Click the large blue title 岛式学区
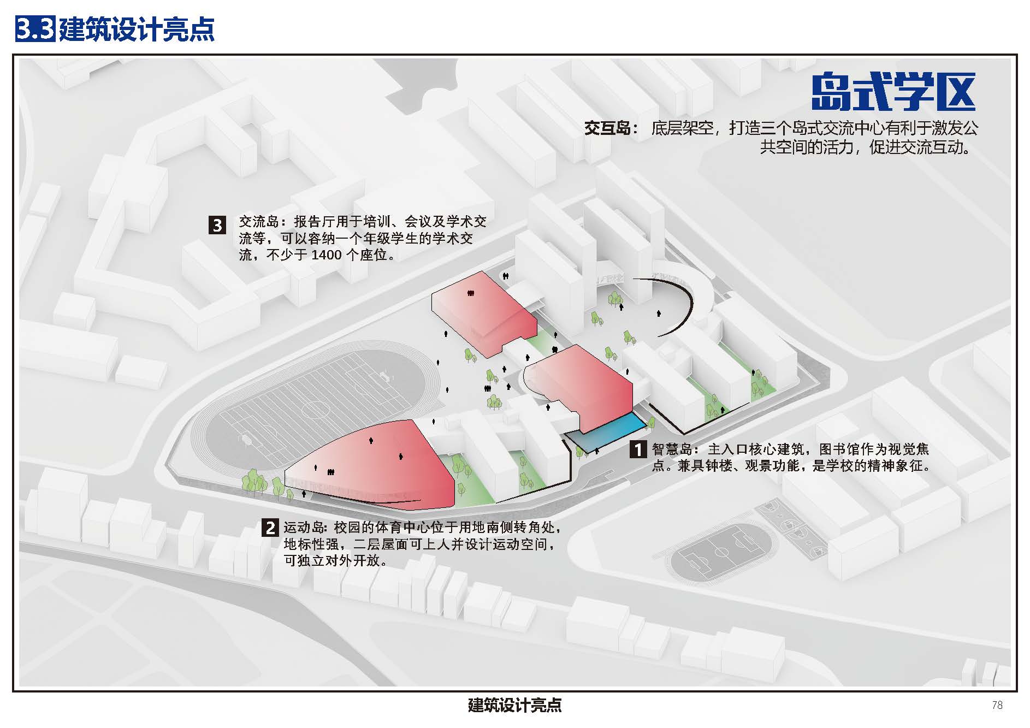point(893,92)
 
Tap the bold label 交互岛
point(607,129)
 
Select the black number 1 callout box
point(638,449)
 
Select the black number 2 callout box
point(270,528)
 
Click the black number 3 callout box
point(217,225)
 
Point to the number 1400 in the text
point(326,255)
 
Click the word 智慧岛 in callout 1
point(672,449)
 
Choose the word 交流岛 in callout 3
point(259,222)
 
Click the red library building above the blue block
point(584,382)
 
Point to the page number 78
point(997,705)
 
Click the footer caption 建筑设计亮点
point(514,705)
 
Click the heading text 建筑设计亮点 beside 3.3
point(137,28)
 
